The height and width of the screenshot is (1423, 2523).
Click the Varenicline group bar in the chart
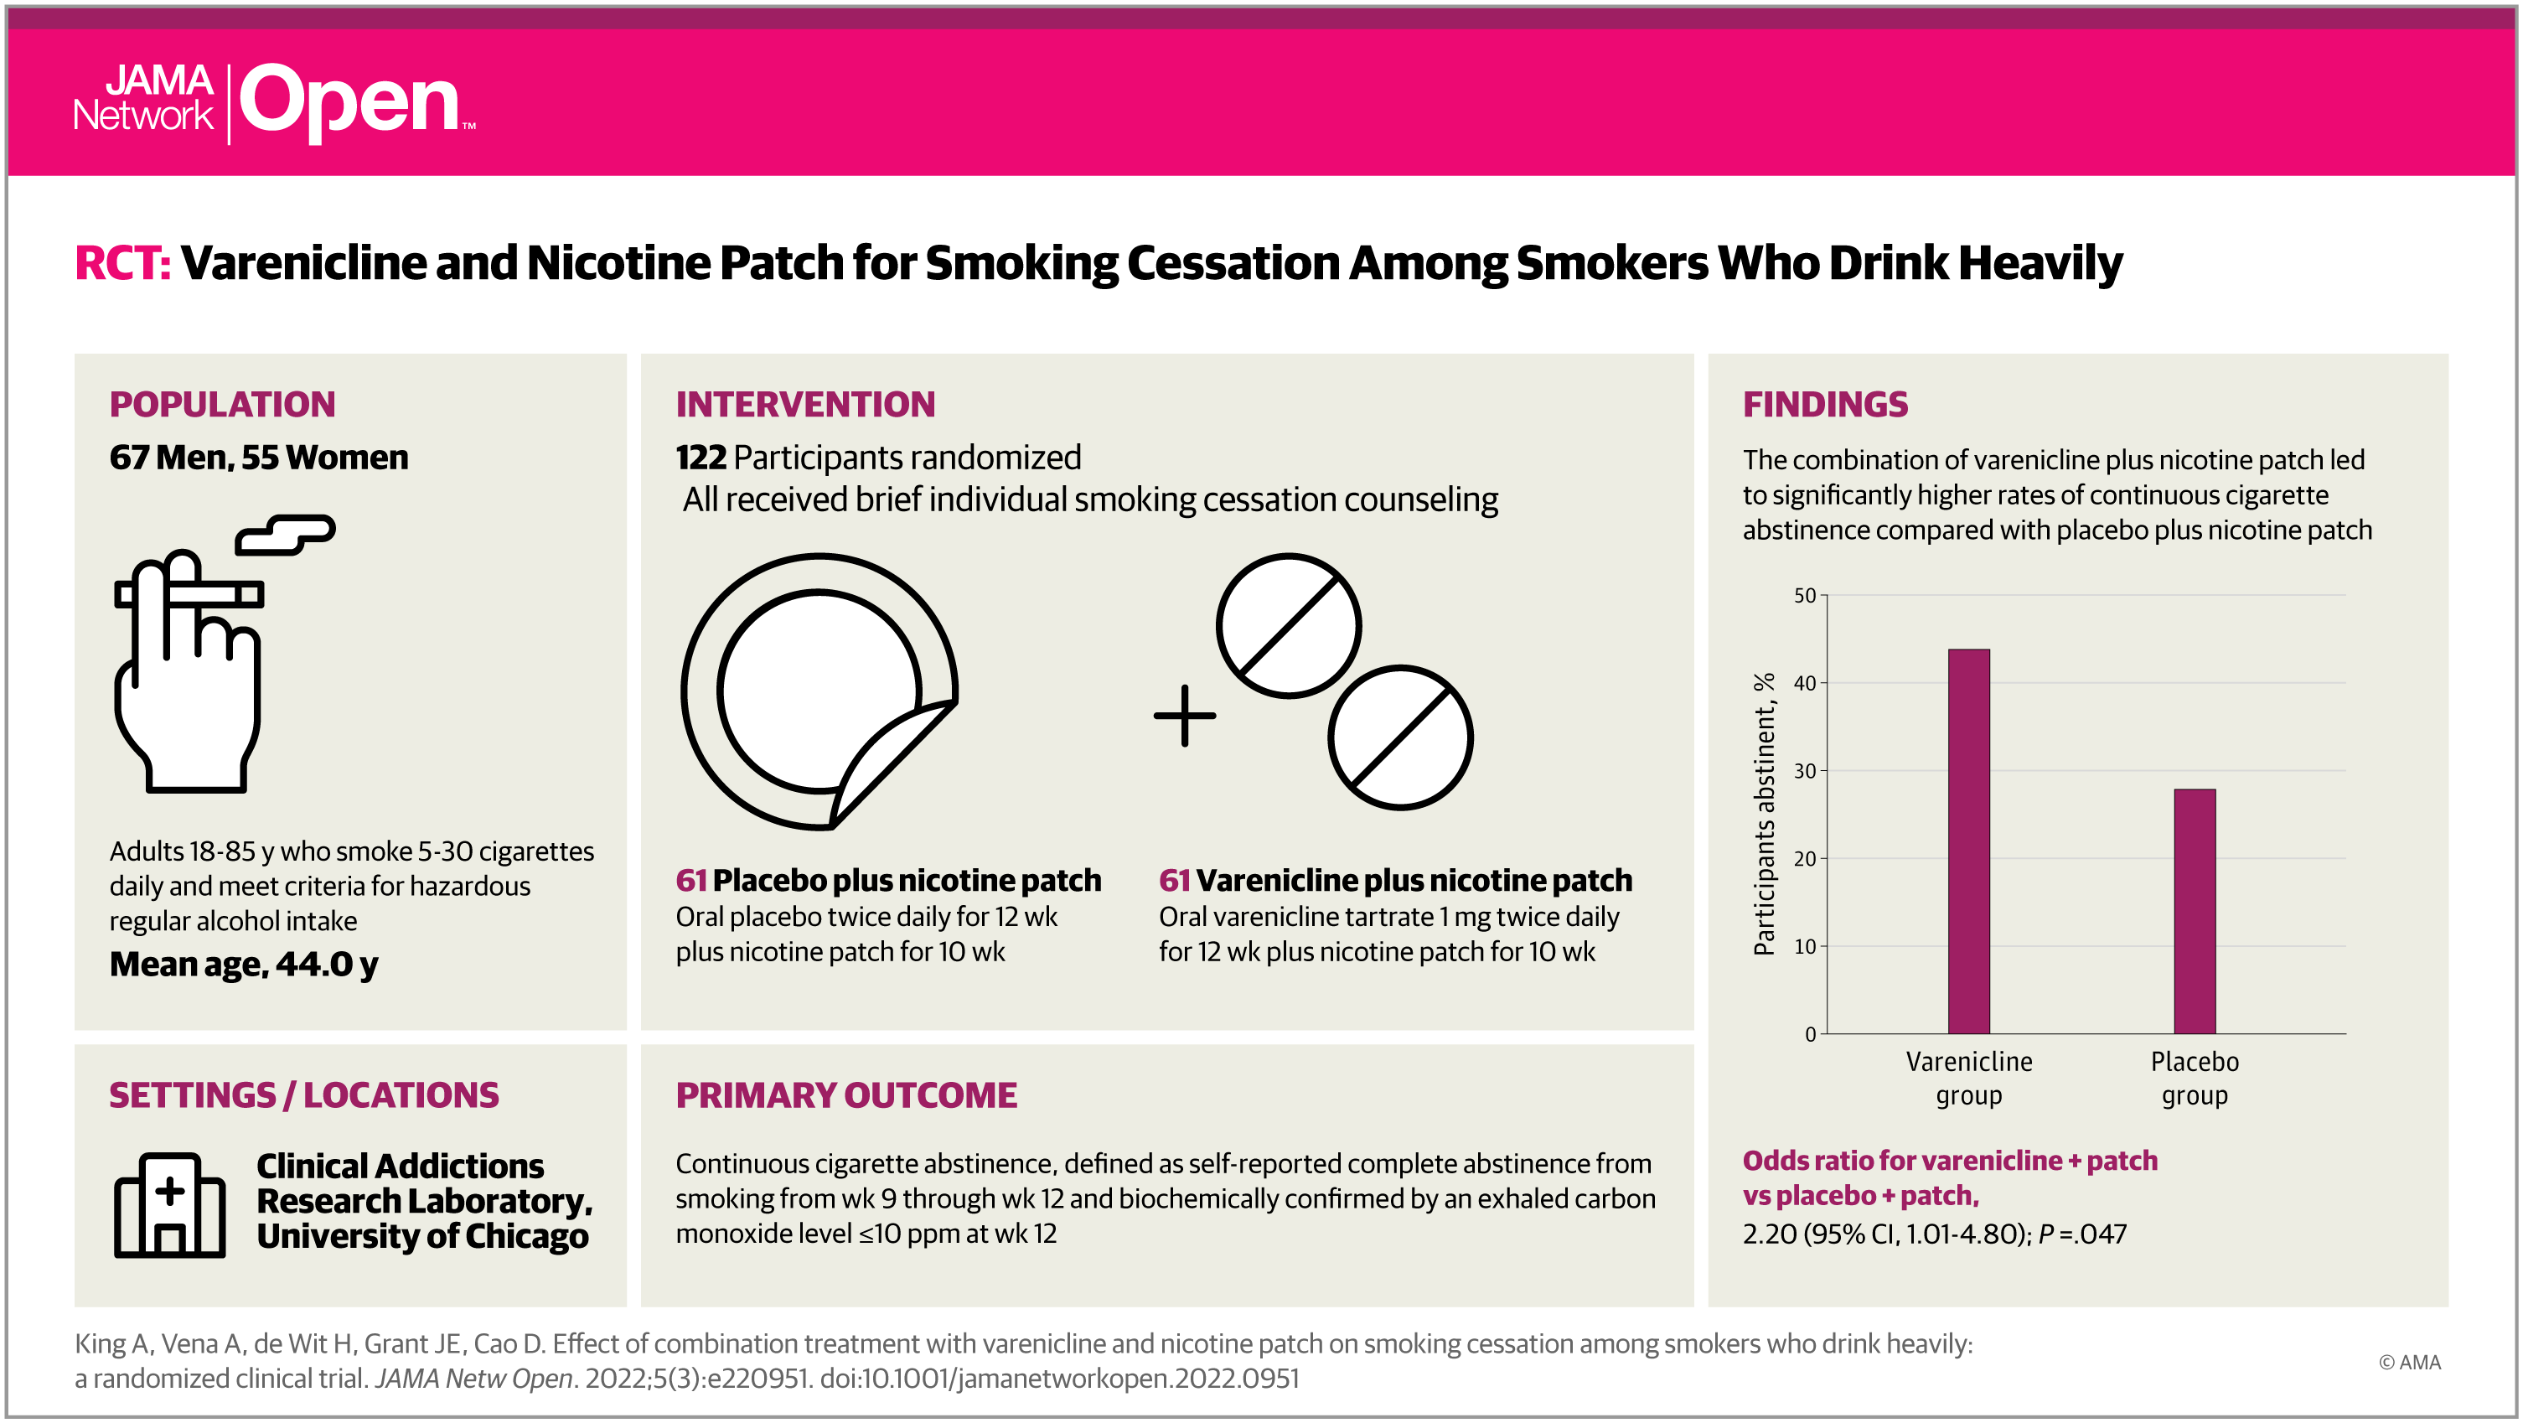(x=1967, y=841)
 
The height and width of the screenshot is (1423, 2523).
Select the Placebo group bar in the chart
(x=2194, y=911)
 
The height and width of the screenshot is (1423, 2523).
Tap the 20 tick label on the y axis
(x=1804, y=859)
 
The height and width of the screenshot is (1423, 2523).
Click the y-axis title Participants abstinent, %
(x=1764, y=814)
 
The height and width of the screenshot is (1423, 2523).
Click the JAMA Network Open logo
(x=274, y=102)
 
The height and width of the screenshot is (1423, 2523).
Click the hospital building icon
(x=169, y=1204)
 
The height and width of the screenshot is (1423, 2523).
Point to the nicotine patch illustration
(x=819, y=691)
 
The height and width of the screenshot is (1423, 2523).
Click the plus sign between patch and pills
(x=1184, y=716)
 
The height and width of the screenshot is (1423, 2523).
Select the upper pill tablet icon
(x=1288, y=626)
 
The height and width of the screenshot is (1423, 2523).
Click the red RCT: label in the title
(x=122, y=262)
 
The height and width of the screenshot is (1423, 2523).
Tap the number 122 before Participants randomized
(x=701, y=458)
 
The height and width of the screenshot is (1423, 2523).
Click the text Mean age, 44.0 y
(x=243, y=965)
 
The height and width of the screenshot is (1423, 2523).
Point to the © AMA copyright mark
(x=2409, y=1363)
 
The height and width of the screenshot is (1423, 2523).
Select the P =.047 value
(x=2082, y=1234)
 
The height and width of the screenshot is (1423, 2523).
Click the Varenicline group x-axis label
(x=1968, y=1079)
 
